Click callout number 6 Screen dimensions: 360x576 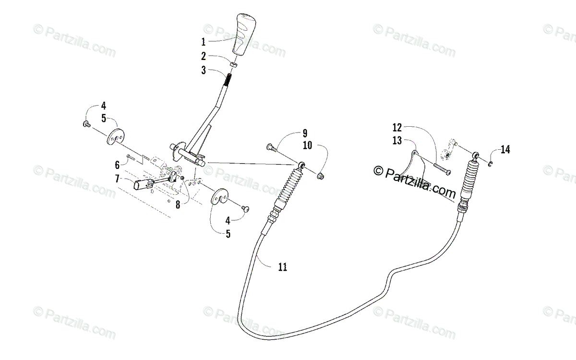click(x=117, y=165)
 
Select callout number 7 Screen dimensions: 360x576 click(x=117, y=179)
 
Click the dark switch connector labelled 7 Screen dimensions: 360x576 click(x=144, y=184)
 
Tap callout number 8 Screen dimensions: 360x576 click(x=177, y=204)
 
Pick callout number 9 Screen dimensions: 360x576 click(x=304, y=133)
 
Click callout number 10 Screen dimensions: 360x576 click(x=307, y=145)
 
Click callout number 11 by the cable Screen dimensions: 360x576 click(x=282, y=267)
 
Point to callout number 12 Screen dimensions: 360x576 click(x=396, y=128)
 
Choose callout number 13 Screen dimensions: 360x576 click(x=396, y=140)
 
